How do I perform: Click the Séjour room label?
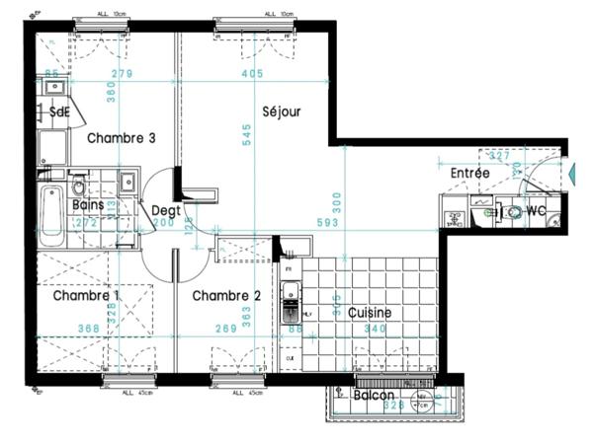pos(282,111)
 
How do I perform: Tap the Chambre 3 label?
pos(121,138)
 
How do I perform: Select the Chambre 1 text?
pos(87,295)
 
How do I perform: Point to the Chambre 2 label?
pos(226,295)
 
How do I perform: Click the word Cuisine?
pos(370,313)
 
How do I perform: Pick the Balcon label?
pos(374,395)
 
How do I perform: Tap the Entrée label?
pos(469,173)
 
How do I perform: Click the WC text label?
pos(537,211)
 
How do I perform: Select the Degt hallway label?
pos(164,209)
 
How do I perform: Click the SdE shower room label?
pos(59,112)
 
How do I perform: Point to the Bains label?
pos(90,204)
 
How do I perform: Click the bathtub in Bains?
pos(51,218)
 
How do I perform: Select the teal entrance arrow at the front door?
pos(570,174)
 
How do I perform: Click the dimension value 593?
pos(325,223)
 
